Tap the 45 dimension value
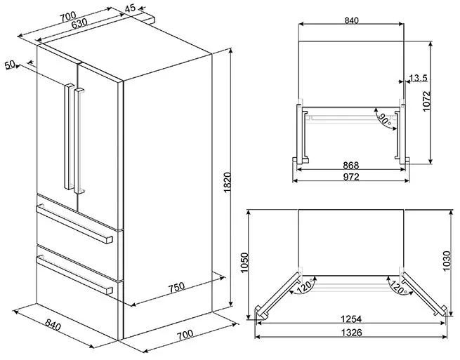[x=130, y=8]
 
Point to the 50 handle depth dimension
[x=10, y=65]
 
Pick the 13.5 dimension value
[x=418, y=78]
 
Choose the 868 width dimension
[x=351, y=166]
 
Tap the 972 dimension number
[x=351, y=178]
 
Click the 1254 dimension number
[x=351, y=320]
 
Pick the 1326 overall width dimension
[x=351, y=332]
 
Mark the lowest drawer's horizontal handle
[x=74, y=273]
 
